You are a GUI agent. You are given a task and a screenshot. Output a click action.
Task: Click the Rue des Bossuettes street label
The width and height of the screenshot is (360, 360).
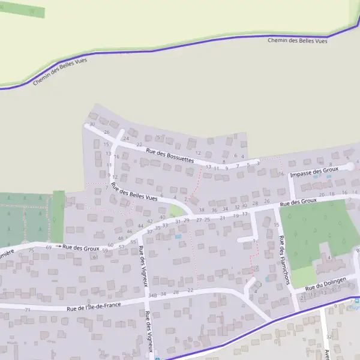(x=170, y=156)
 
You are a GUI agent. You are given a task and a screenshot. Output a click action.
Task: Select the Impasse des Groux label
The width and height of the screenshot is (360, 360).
(x=314, y=172)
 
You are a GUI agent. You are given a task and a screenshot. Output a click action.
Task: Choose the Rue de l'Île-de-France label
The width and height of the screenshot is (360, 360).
(x=94, y=307)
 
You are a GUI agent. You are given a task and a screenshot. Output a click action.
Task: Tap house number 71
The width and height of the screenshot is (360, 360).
(x=28, y=310)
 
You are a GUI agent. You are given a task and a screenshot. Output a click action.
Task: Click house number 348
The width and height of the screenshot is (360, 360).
(x=152, y=295)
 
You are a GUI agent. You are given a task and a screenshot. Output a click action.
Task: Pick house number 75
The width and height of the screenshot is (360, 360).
(x=31, y=250)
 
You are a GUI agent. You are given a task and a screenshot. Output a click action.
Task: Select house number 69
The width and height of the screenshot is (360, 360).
(x=49, y=247)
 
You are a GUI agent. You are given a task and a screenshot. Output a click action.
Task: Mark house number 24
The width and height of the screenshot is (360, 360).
(x=126, y=139)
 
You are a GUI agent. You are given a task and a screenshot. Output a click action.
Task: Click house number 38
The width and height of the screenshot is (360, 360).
(x=202, y=210)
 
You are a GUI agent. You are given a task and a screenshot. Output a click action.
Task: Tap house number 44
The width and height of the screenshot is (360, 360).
(x=140, y=226)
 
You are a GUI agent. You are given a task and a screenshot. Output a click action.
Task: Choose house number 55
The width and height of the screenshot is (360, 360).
(x=133, y=242)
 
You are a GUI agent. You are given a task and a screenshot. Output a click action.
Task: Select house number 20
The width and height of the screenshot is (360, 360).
(x=322, y=195)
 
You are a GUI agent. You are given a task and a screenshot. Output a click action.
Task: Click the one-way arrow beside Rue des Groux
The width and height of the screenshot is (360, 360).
(x=59, y=246)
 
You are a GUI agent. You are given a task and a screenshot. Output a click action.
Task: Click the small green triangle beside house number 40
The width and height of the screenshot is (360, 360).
(x=175, y=211)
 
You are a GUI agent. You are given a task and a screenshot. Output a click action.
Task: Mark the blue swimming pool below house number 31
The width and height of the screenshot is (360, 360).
(x=178, y=236)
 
